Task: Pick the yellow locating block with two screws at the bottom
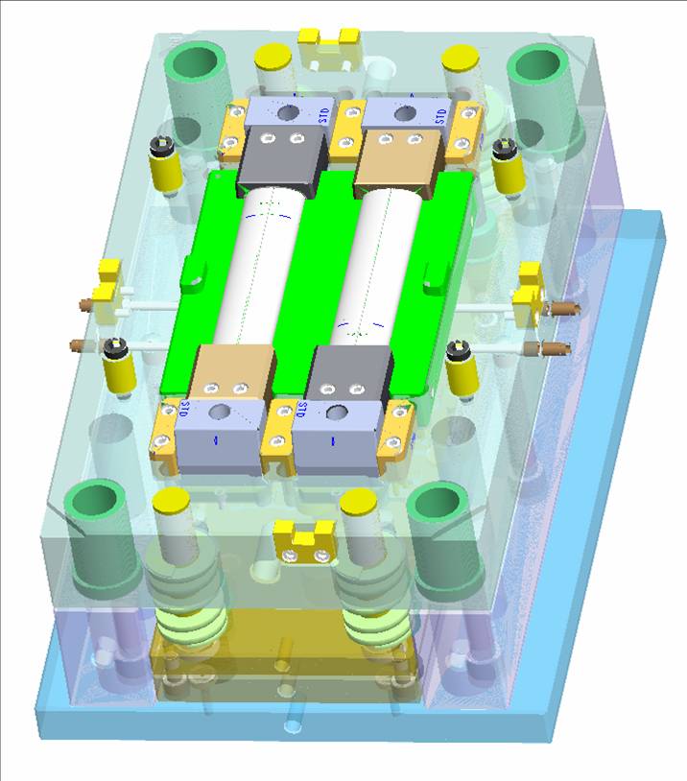click(x=302, y=542)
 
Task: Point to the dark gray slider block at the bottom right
click(x=349, y=374)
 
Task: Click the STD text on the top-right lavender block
click(x=441, y=116)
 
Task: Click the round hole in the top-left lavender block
click(x=287, y=112)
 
